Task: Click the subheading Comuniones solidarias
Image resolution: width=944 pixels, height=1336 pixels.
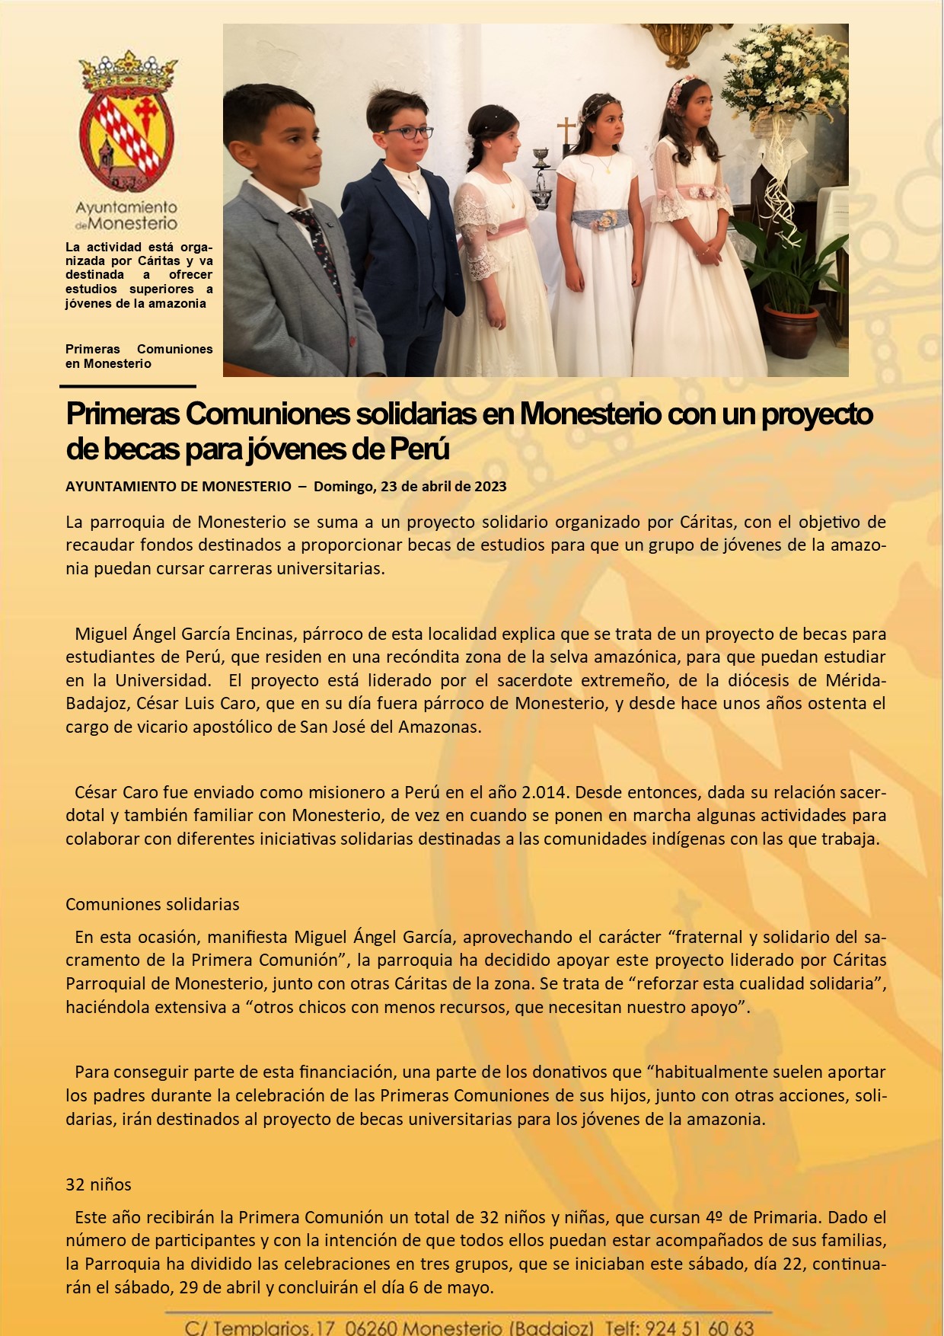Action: coord(152,904)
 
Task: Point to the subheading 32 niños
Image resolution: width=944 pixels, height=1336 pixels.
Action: coord(98,1184)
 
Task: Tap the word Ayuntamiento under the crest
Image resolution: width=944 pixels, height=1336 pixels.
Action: coord(126,207)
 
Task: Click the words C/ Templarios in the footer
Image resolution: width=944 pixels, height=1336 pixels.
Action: coord(247,1327)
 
